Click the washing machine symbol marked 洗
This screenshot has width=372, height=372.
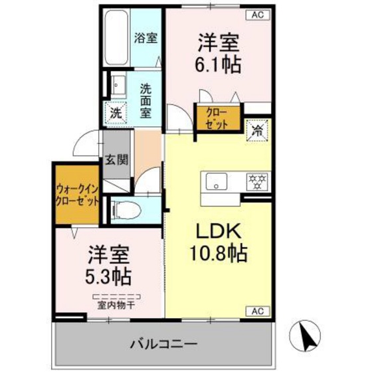(x=116, y=114)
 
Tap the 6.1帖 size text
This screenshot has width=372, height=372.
(x=217, y=64)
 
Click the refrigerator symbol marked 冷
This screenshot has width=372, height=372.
(x=256, y=130)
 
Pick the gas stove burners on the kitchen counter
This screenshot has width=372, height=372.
(x=256, y=179)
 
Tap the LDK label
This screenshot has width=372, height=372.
(x=211, y=232)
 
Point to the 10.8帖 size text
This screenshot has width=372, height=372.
(x=211, y=254)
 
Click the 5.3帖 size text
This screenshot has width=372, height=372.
(x=106, y=274)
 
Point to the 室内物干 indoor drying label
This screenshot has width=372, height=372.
(x=116, y=304)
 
